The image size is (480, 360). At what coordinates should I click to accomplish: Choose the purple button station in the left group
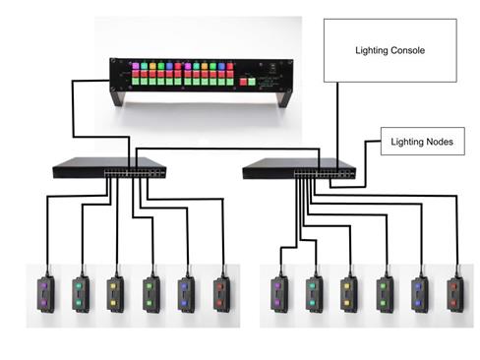(46, 290)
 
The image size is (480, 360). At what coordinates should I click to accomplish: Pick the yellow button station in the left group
(115, 290)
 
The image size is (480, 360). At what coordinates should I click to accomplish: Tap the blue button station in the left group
(185, 290)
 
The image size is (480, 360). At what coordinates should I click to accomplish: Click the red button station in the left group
(219, 290)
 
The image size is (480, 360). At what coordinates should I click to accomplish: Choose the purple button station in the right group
(279, 292)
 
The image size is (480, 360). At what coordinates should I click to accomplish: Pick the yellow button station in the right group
(348, 292)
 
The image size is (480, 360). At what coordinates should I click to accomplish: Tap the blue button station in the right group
(419, 292)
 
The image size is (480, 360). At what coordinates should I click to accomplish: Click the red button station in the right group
(453, 292)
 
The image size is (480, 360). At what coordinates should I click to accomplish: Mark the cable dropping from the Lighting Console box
(339, 118)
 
